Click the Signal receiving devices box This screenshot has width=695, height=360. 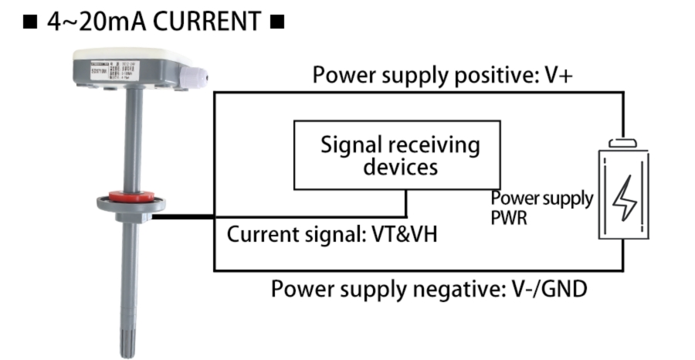tap(396, 155)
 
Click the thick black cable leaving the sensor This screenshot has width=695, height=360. tap(184, 217)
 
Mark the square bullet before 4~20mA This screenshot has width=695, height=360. tap(31, 22)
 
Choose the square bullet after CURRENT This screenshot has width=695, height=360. tap(277, 22)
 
